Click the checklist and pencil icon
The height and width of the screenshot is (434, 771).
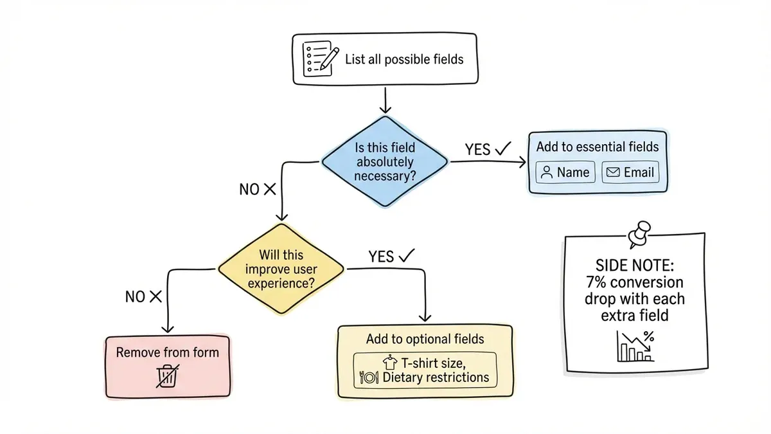(319, 59)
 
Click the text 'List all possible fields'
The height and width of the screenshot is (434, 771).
(403, 60)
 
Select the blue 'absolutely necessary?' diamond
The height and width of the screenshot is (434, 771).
(384, 162)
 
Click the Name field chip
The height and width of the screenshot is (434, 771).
(565, 172)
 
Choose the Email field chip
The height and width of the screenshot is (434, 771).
(630, 172)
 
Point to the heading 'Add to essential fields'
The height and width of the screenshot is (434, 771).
(598, 147)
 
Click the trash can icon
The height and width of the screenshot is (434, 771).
(167, 375)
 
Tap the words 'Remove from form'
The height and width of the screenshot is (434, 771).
(167, 352)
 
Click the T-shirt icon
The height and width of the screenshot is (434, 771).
(387, 363)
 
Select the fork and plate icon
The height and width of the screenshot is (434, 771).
(369, 377)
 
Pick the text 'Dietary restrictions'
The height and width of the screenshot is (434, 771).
(436, 377)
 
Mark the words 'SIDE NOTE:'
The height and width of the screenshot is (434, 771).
(634, 265)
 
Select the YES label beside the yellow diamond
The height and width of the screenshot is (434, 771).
(382, 257)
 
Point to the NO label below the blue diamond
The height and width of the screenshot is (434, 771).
(249, 189)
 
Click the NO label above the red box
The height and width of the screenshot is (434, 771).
(135, 296)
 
